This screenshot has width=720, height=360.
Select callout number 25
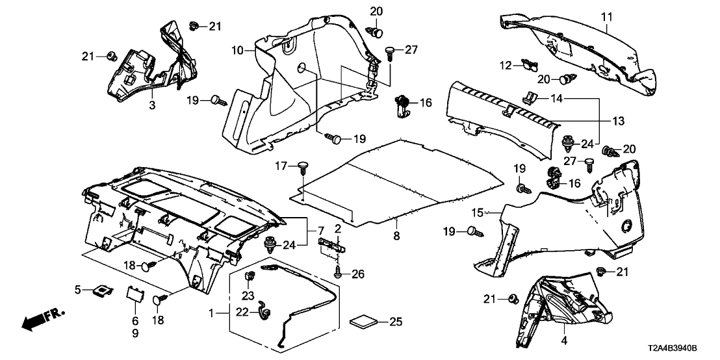pyautogui.click(x=395, y=321)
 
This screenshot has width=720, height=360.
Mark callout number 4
pyautogui.click(x=563, y=340)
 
